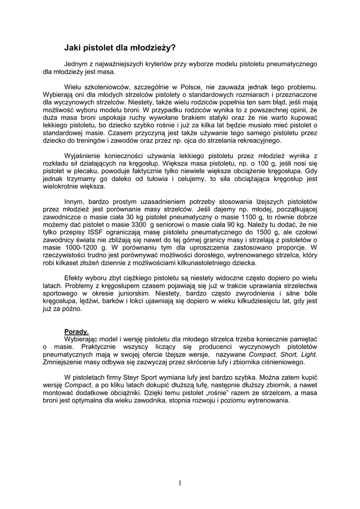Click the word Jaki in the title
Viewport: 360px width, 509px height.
tap(72, 48)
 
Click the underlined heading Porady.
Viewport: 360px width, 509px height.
tap(77, 331)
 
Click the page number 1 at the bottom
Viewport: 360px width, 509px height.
tap(180, 483)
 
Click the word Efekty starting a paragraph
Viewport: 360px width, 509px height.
tap(75, 278)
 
